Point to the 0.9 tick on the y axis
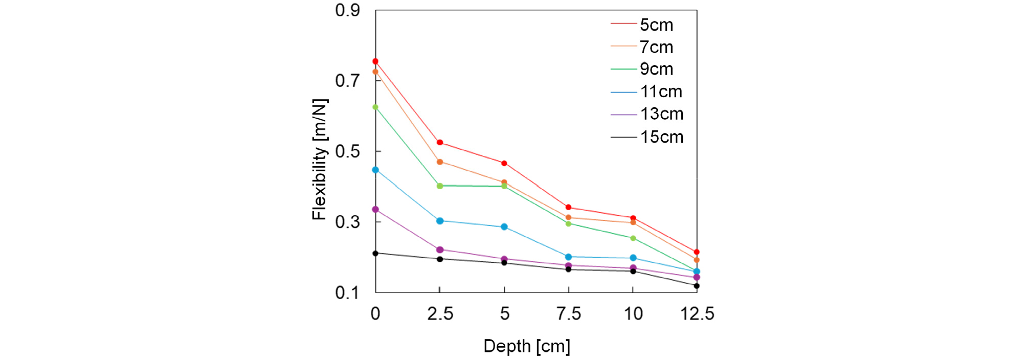click(348, 10)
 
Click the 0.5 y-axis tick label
click(348, 151)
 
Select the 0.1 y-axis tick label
click(348, 292)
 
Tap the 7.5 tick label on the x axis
click(569, 313)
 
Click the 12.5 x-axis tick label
click(697, 313)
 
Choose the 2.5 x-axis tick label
click(440, 313)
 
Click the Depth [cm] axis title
click(527, 346)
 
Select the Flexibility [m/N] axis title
click(320, 160)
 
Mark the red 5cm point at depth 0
click(375, 61)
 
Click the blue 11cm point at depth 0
click(375, 170)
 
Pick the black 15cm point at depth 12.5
click(697, 286)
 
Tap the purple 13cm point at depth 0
click(375, 210)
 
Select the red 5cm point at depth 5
click(504, 164)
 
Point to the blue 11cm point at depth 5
click(504, 227)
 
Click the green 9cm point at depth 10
click(633, 238)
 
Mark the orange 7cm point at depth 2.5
click(440, 162)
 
